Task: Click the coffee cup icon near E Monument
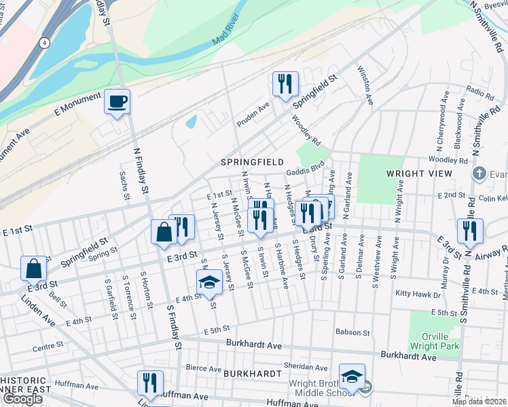[117, 102]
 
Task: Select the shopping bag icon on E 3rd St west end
[33, 269]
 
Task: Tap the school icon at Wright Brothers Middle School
[352, 377]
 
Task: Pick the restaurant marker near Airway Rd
[470, 231]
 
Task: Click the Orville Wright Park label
[435, 339]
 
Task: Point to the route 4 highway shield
[44, 42]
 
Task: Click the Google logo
[22, 399]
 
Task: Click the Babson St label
[352, 333]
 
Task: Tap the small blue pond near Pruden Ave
[192, 121]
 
